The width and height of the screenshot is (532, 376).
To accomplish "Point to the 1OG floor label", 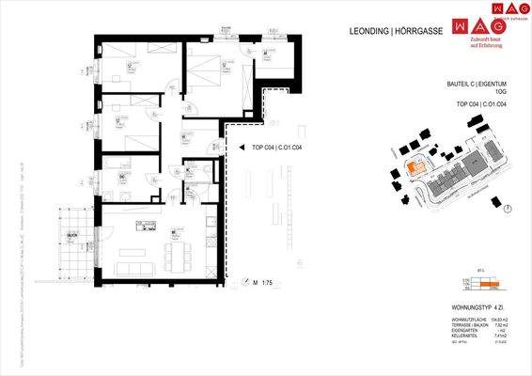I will [x=504, y=92].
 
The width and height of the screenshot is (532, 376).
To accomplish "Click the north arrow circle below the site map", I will [x=507, y=209].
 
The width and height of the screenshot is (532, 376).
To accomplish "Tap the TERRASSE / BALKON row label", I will [x=466, y=326].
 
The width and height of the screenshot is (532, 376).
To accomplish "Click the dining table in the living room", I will [x=178, y=251].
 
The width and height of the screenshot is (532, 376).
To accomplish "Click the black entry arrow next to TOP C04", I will [x=230, y=148].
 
